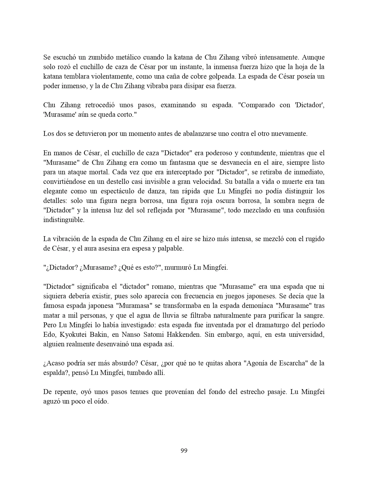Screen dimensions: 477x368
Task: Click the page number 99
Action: pos(184,450)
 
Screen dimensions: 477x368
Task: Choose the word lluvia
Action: pos(212,315)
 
